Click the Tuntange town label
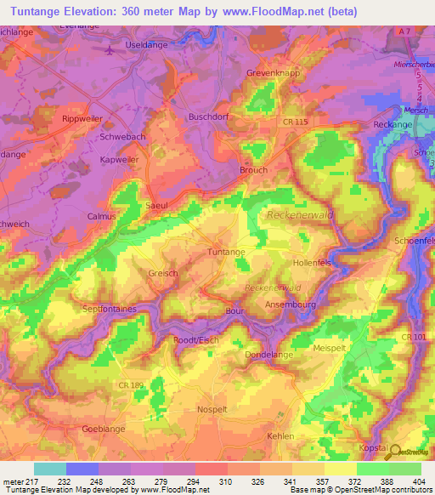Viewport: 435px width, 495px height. (227, 253)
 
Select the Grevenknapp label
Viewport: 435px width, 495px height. (276, 74)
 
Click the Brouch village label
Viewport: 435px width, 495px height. (253, 170)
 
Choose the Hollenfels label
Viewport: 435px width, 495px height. (311, 264)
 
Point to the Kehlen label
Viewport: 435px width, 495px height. (280, 435)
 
